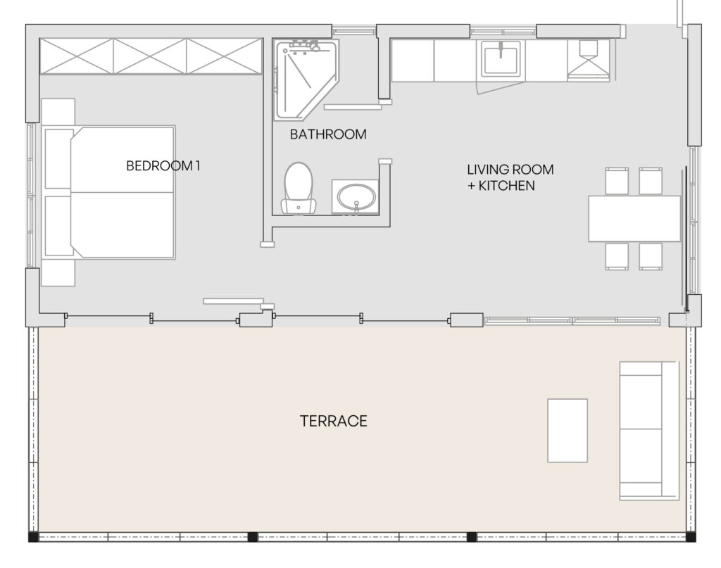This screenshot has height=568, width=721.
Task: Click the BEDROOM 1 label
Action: coord(163,165)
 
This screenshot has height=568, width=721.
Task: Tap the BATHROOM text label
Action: coord(328,134)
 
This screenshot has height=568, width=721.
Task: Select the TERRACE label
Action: coord(333,421)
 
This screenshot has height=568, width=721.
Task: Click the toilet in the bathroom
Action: coord(299,189)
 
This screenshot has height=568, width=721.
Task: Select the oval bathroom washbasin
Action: coord(356,197)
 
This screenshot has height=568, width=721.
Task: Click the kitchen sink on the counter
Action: coord(501,59)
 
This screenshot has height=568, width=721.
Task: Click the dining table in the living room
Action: coord(634,219)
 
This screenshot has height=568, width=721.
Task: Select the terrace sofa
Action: coord(648,431)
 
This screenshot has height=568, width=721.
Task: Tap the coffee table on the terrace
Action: coord(568,431)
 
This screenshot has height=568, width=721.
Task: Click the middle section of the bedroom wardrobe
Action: coord(150,56)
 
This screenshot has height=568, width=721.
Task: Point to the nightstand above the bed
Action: coord(58,111)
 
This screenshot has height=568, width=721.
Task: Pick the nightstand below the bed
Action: coord(58,273)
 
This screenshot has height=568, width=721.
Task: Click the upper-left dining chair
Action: coord(617,181)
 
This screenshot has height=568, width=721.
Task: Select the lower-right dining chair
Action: coord(651,256)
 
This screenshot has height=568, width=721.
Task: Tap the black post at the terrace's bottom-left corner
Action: coord(33,537)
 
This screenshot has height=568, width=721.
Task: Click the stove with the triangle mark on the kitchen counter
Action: coord(588,61)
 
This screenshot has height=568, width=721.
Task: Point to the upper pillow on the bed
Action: coord(59,159)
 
